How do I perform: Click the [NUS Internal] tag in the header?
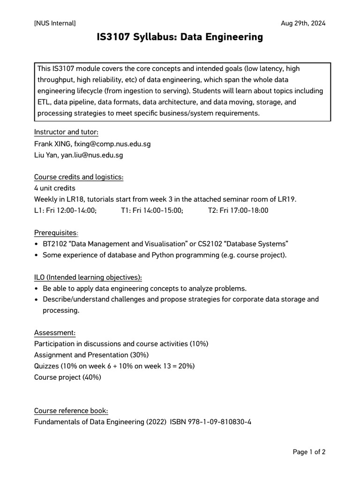click(55, 23)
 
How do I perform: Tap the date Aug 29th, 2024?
click(303, 23)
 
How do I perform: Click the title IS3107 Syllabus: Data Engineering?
click(180, 37)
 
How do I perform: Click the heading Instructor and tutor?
click(66, 132)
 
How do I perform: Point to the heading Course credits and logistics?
click(79, 177)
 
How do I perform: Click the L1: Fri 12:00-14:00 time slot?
click(66, 210)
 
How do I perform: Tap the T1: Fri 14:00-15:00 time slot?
click(152, 210)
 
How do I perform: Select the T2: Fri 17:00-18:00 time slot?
click(238, 210)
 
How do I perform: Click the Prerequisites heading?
click(55, 233)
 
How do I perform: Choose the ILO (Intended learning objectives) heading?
click(88, 277)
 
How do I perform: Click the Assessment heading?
click(55, 333)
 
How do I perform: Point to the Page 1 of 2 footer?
click(309, 452)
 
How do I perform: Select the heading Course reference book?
click(71, 411)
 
